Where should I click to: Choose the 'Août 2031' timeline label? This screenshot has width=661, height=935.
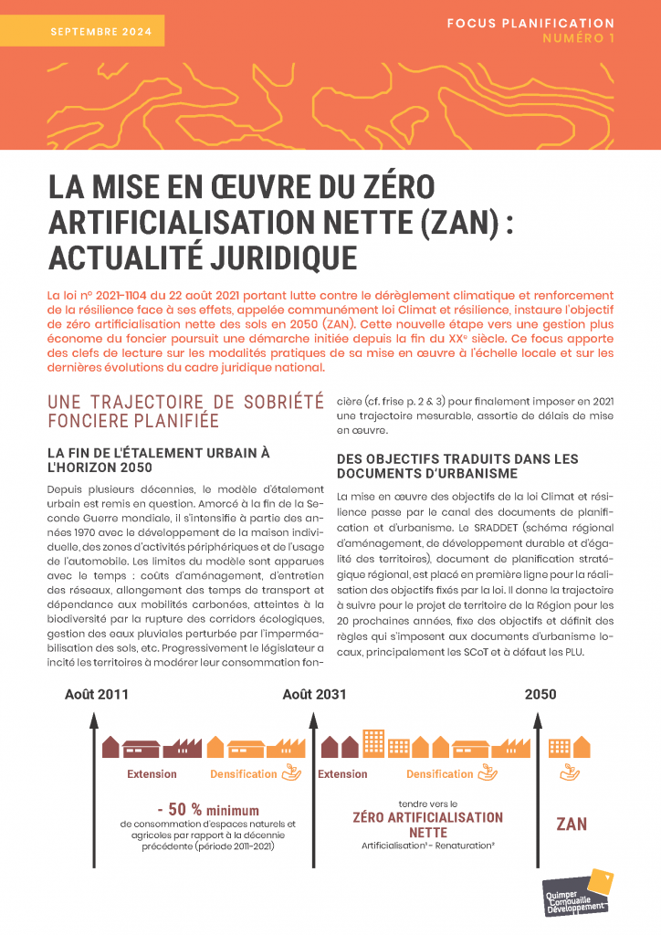pyautogui.click(x=314, y=694)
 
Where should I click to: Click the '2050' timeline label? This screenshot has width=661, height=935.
pyautogui.click(x=540, y=694)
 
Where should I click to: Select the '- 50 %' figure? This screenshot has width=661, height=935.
pyautogui.click(x=179, y=809)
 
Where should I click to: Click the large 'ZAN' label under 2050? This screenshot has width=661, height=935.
pyautogui.click(x=572, y=824)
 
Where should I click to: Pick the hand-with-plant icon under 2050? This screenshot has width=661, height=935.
pyautogui.click(x=571, y=774)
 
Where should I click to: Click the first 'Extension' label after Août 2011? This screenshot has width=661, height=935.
pyautogui.click(x=152, y=774)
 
